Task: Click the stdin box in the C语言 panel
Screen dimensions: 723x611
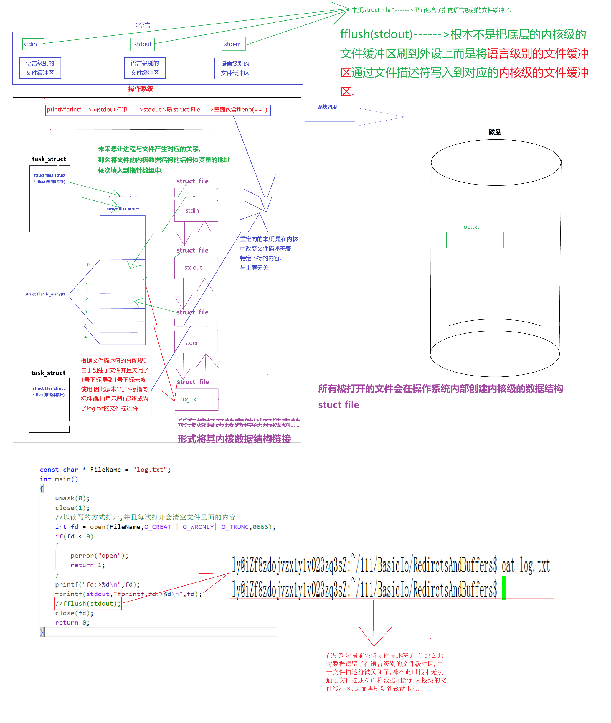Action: [x=33, y=44]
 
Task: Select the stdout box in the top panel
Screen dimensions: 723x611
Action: [x=142, y=44]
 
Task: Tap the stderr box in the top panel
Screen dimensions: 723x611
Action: [x=233, y=44]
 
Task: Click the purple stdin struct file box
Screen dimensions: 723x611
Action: [x=196, y=210]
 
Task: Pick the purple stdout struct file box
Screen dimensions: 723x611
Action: [x=196, y=268]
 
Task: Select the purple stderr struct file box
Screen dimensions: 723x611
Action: [x=196, y=342]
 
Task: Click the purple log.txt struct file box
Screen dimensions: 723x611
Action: [x=196, y=399]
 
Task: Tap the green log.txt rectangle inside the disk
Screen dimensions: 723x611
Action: [x=475, y=240]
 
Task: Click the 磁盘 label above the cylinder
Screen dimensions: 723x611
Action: [x=494, y=132]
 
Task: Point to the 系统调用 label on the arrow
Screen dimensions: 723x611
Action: [x=327, y=107]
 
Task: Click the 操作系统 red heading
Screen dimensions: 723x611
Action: [x=141, y=89]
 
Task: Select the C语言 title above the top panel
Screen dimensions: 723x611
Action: [x=142, y=25]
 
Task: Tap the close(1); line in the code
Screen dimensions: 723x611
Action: [x=72, y=508]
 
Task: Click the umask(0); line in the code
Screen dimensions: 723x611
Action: [x=72, y=498]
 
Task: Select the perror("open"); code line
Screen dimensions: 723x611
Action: [x=99, y=556]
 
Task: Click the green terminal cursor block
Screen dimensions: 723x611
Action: [x=504, y=587]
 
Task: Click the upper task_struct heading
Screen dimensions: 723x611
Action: [x=49, y=159]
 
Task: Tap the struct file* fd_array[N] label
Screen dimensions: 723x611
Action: [x=46, y=294]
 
